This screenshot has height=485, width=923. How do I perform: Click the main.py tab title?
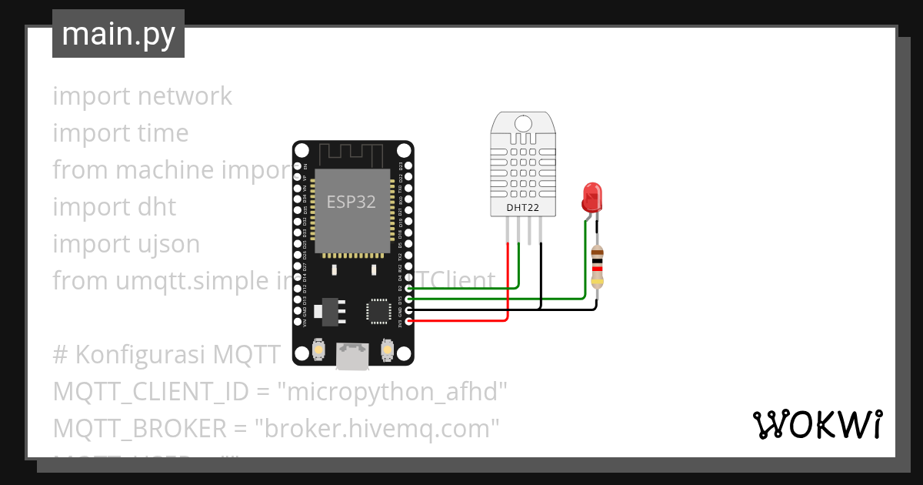coord(118,34)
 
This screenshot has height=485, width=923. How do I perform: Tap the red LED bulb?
coord(592,198)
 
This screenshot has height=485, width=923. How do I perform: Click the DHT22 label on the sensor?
coord(523,207)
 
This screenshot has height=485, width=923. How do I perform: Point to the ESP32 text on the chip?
coord(352,202)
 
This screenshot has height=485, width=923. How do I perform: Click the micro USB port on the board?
coord(353,356)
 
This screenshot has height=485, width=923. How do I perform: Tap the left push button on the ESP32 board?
coord(318,351)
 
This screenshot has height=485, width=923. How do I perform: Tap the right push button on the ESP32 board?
coord(388,351)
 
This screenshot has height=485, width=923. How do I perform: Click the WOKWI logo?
coord(816,424)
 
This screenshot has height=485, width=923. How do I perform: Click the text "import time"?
coord(120,133)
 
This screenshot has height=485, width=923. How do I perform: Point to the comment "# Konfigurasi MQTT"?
coord(167,355)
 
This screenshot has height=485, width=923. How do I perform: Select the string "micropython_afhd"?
coord(392,392)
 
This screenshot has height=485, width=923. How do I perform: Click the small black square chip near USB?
coord(378,310)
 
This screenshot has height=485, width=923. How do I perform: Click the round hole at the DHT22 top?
coord(524,122)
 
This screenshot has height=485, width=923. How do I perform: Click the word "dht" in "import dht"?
coord(157,207)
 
